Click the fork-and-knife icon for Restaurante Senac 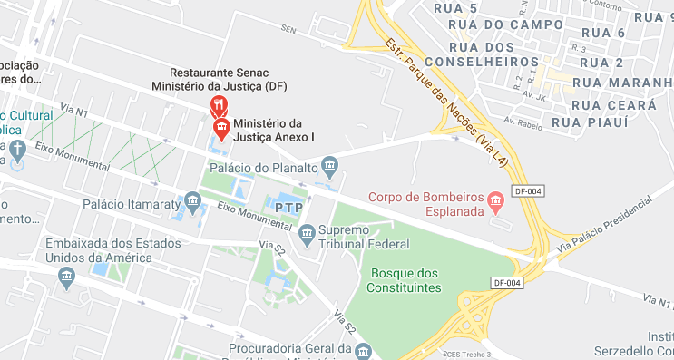pos(219,106)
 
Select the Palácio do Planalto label pos(263,168)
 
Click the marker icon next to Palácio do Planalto pos(328,166)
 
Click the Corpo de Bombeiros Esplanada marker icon pos(495,200)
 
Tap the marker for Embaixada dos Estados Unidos pos(64,280)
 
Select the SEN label pos(289,30)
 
